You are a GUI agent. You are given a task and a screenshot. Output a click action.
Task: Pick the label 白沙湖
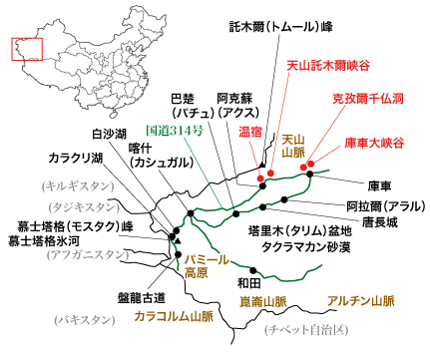pyautogui.click(x=109, y=133)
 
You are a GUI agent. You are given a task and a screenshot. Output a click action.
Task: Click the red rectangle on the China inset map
pyautogui.click(x=23, y=49)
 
